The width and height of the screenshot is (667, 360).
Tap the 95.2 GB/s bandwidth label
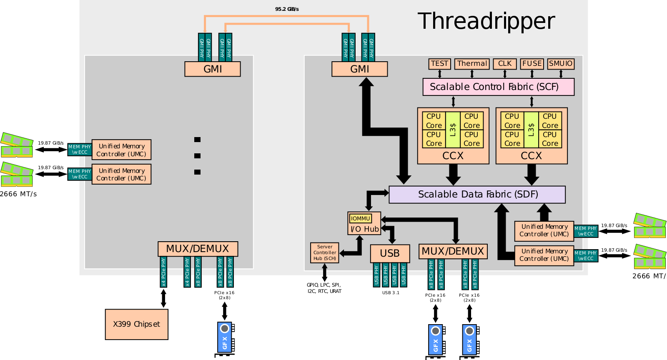pyautogui.click(x=287, y=9)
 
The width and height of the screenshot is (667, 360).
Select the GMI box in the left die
pyautogui.click(x=213, y=69)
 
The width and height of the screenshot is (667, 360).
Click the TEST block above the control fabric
pyautogui.click(x=439, y=64)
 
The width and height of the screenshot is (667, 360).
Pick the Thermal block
pyautogui.click(x=472, y=64)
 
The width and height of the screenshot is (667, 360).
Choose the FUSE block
pyautogui.click(x=532, y=64)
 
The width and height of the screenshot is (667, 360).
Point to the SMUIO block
pyautogui.click(x=561, y=64)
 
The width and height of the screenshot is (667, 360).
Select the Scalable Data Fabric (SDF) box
pyautogui.click(x=477, y=195)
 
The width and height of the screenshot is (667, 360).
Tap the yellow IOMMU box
pyautogui.click(x=361, y=218)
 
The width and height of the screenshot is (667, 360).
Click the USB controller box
pyautogui.click(x=390, y=253)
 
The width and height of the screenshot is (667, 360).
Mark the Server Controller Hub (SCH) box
pyautogui.click(x=325, y=253)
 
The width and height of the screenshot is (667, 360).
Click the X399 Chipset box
pyautogui.click(x=137, y=324)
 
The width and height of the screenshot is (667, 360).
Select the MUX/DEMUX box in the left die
pyautogui.click(x=198, y=249)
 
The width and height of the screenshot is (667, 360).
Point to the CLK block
pyautogui.click(x=505, y=64)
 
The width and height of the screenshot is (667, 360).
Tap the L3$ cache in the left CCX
pyautogui.click(x=453, y=130)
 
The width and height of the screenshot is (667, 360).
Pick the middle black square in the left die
pyautogui.click(x=198, y=156)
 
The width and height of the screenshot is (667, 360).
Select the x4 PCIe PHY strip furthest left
pyautogui.click(x=163, y=272)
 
